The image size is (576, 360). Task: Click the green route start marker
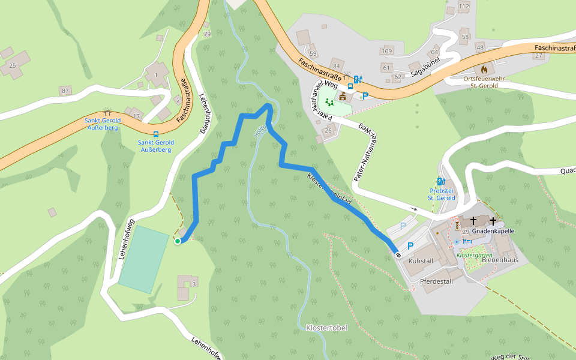(178, 241)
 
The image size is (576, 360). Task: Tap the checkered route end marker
(398, 254)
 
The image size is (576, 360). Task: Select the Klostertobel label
(326, 328)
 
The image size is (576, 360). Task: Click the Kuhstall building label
(421, 262)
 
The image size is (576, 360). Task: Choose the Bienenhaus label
(499, 262)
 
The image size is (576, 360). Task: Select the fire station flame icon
(484, 69)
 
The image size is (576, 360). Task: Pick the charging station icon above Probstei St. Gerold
(441, 181)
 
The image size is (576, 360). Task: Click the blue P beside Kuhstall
(410, 245)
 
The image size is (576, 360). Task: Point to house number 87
(65, 91)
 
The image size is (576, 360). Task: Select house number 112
(463, 7)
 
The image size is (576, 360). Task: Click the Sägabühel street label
(425, 71)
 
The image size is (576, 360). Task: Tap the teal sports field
(144, 259)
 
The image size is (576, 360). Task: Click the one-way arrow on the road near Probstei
(413, 209)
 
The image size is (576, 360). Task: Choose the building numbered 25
(12, 65)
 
